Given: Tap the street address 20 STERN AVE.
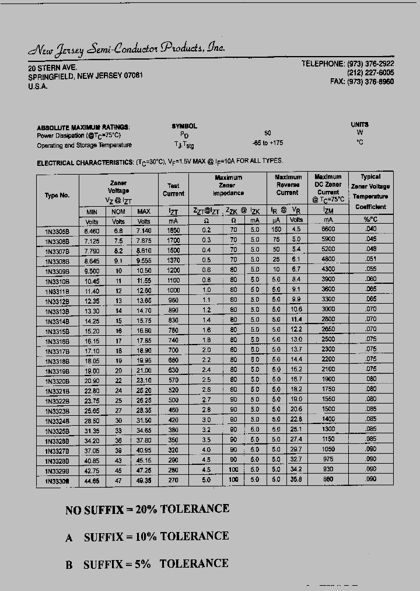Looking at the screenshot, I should [52, 68].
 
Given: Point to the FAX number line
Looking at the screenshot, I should [362, 82].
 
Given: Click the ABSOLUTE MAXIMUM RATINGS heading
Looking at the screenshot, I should [83, 127].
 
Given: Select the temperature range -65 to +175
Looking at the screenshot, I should [267, 143].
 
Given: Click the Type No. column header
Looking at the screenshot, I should [57, 196].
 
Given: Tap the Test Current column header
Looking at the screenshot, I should [173, 189].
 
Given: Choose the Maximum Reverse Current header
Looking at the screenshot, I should [288, 185].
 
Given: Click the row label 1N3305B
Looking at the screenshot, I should [57, 231].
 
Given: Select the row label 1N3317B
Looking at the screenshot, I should [57, 351].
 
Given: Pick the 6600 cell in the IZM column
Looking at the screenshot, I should [328, 230].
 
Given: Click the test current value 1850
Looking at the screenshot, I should [173, 230].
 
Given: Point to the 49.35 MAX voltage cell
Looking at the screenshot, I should [143, 480].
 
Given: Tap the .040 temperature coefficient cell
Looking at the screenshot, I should [370, 229].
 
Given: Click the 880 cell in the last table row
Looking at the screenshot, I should [328, 480].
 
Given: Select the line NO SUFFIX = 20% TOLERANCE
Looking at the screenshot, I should [147, 509].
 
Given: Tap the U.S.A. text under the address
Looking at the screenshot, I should [38, 86].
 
